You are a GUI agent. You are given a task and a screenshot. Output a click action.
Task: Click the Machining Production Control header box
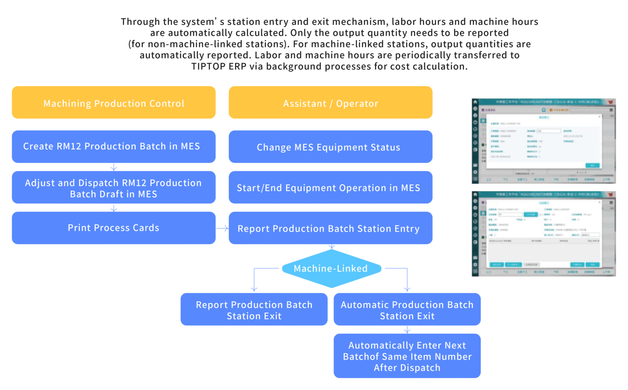pos(114,103)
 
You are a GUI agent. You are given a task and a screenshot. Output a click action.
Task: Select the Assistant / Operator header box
pos(330,103)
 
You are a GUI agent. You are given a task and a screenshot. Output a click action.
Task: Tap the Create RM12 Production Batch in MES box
pos(114,147)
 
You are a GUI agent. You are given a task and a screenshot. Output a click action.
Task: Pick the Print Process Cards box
pos(114,228)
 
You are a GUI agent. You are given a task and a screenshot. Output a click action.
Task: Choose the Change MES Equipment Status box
pos(330,147)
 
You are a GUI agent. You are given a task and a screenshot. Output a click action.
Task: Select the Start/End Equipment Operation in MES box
pos(330,187)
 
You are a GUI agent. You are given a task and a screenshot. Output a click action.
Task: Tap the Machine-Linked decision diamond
pos(331,268)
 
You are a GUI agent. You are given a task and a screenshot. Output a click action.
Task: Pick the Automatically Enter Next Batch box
pos(407,356)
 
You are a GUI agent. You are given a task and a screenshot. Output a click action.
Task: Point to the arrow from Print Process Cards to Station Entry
pos(222,228)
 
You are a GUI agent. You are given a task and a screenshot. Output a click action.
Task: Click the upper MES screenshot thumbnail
pos(543,141)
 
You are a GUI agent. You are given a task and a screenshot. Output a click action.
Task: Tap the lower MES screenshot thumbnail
pos(543,234)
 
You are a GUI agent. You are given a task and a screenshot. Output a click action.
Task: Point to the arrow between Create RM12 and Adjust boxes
pos(114,167)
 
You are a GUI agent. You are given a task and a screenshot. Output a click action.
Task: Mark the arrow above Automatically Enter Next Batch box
pos(407,330)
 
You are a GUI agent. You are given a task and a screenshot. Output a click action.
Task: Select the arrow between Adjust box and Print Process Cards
pos(114,208)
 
